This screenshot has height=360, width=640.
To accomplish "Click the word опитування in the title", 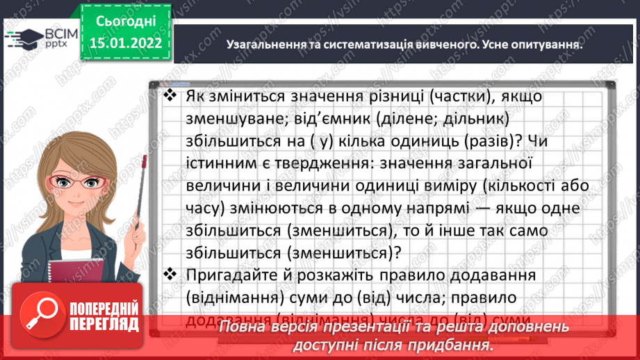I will pyautogui.click(x=545, y=43).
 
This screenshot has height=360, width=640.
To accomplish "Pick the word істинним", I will pyautogui.click(x=220, y=163).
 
